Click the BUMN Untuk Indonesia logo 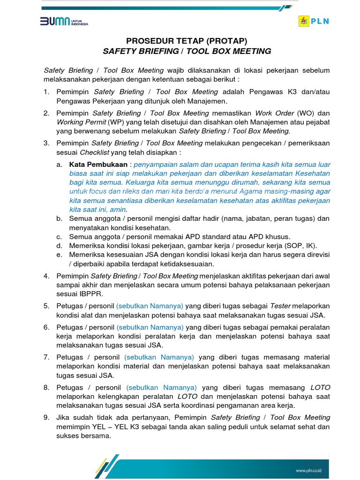point(64,22)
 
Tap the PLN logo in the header point(314,22)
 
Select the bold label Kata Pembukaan point(98,165)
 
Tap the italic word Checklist point(94,152)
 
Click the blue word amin point(118,209)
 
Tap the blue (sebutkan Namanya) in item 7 point(159,357)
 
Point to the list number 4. point(46,276)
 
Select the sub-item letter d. point(59,246)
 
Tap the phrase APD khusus point(269,236)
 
